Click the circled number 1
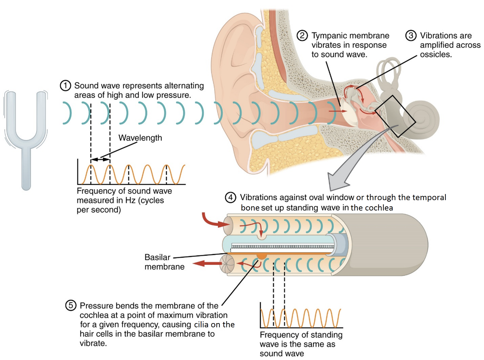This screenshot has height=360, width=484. (65, 86)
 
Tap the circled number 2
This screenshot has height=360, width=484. (302, 35)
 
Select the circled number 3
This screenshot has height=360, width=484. (411, 35)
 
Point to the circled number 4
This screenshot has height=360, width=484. (230, 197)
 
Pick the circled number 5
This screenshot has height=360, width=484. (70, 305)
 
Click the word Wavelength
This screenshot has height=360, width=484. (140, 138)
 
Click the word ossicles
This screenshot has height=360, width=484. (436, 55)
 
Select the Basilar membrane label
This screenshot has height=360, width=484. (164, 262)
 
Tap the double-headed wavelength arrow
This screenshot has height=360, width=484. (100, 159)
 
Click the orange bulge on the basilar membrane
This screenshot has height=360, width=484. (261, 256)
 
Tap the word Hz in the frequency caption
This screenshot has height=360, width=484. (130, 200)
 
